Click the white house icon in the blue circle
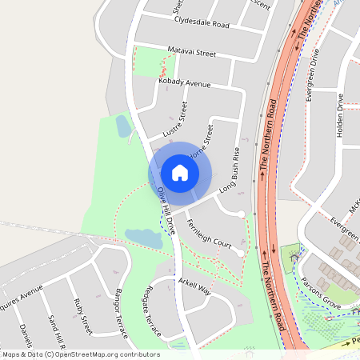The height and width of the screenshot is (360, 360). [x=180, y=173]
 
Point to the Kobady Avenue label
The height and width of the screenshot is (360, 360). [x=184, y=83]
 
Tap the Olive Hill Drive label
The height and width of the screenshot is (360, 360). [x=166, y=210]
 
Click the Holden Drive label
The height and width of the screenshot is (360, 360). [x=340, y=118]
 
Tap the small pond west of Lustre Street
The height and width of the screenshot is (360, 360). [x=123, y=125]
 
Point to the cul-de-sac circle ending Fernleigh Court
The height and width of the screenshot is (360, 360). [x=240, y=253]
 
